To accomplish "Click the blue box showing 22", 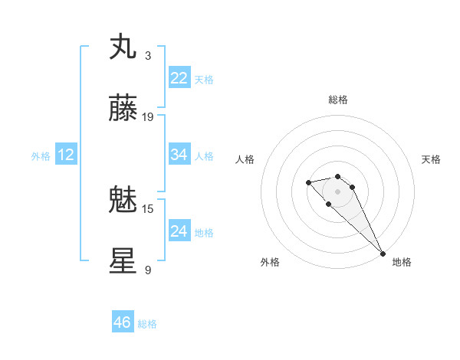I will tap(179, 78).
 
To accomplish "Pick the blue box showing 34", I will tap(179, 155).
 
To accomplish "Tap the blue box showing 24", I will tap(179, 231).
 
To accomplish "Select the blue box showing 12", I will tap(66, 155).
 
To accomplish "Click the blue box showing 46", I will tap(123, 322).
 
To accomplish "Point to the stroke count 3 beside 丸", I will tap(148, 55).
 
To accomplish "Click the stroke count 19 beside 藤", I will tap(148, 117).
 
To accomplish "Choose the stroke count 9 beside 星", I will tap(148, 270).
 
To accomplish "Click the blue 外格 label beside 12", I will tap(41, 156).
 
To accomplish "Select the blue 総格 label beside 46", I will tap(147, 324).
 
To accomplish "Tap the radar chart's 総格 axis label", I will tap(337, 100).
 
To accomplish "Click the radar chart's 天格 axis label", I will tap(431, 159).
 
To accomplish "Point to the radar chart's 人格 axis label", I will tap(245, 159).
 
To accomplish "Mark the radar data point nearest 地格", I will tap(383, 254).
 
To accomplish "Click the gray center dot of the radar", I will tap(337, 191).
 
